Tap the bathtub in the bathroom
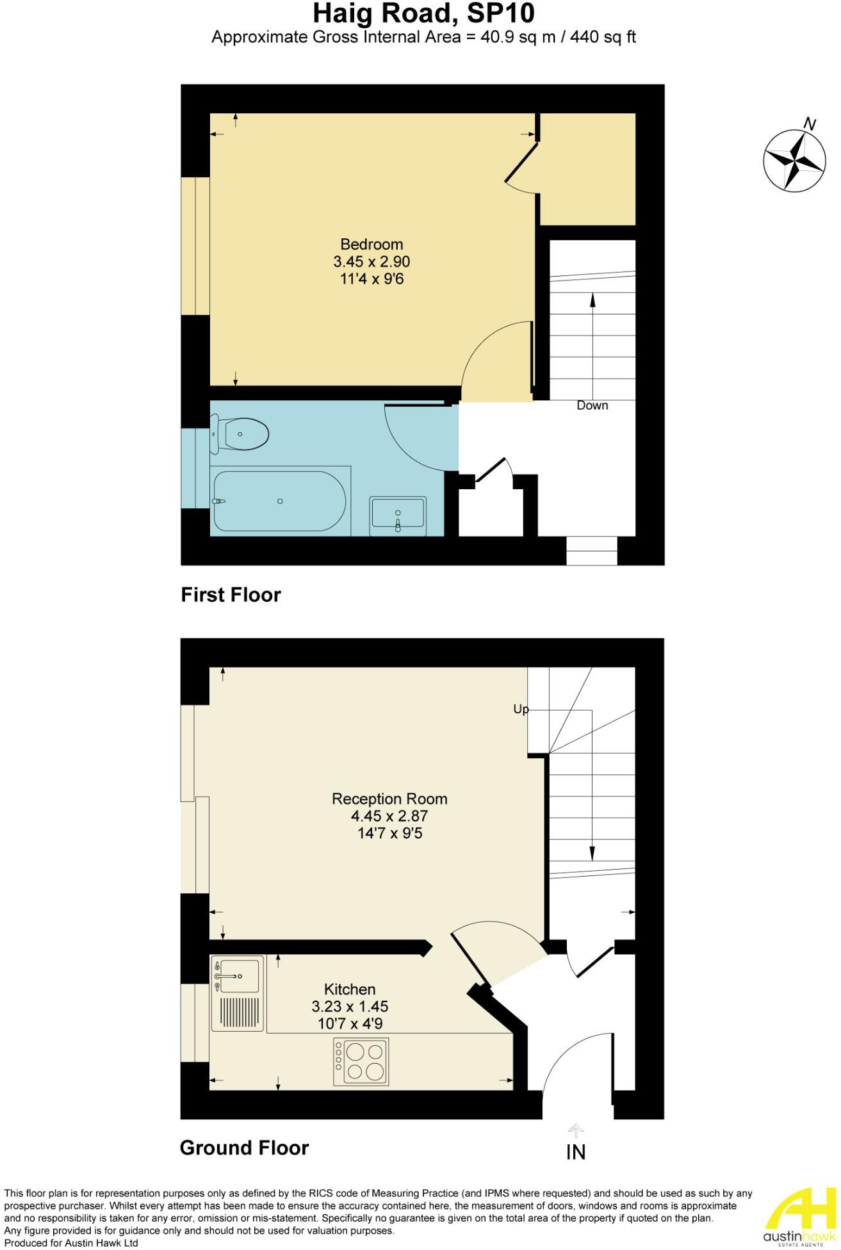[x=279, y=501]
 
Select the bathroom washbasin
[x=398, y=515]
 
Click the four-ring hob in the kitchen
[x=361, y=1062]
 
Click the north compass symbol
[x=794, y=159]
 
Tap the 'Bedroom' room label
[x=372, y=244]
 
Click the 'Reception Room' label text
[x=389, y=799]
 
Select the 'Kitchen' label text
[x=350, y=989]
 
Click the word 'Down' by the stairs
[x=592, y=405]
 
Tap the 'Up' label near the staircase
[x=521, y=709]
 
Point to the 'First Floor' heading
[x=231, y=595]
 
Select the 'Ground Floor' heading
[x=244, y=1148]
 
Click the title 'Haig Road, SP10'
[x=423, y=13]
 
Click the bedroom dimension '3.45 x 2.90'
[x=372, y=261]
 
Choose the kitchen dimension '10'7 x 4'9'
[x=350, y=1023]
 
